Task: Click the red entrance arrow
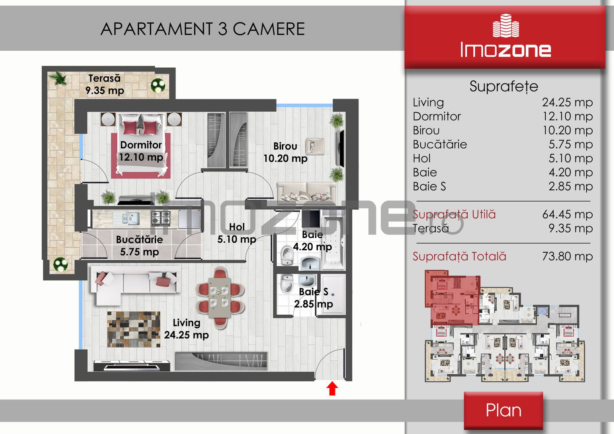click(x=332, y=388)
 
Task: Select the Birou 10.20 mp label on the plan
click(x=285, y=152)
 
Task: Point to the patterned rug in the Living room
click(x=133, y=329)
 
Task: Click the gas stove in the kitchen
click(x=161, y=218)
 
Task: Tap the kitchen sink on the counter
click(x=127, y=219)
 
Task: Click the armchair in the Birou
click(x=315, y=146)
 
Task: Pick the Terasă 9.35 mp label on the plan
click(x=104, y=84)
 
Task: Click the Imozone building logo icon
click(x=506, y=25)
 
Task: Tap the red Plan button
click(x=503, y=410)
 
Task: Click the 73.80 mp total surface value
click(x=567, y=256)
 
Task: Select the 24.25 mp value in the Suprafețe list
click(x=567, y=102)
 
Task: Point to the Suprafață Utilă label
click(x=454, y=215)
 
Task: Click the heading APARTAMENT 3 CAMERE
click(x=203, y=29)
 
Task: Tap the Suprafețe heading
click(x=504, y=86)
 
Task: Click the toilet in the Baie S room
click(x=287, y=283)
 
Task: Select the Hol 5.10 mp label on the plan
click(x=237, y=233)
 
